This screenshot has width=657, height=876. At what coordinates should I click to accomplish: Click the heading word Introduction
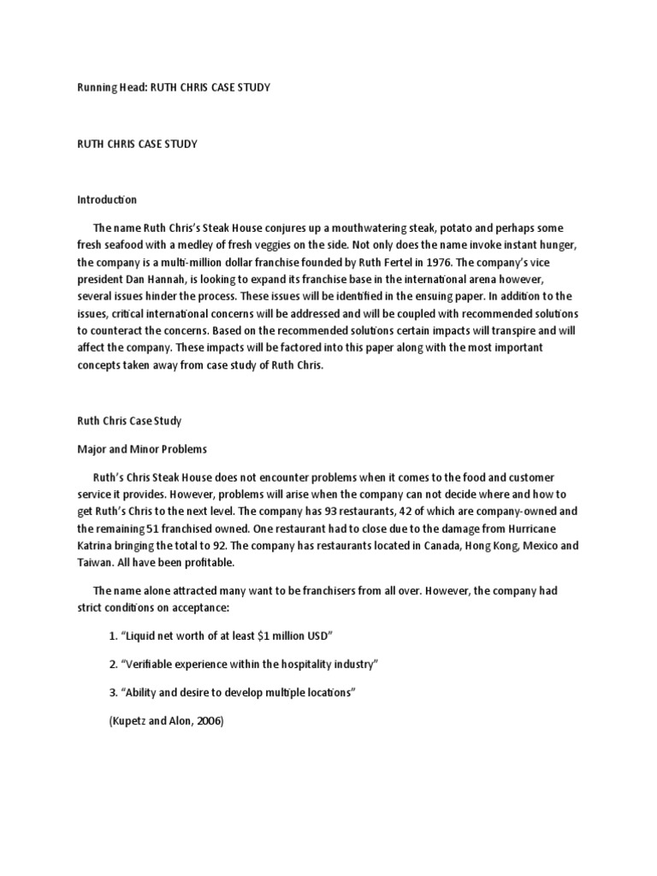coord(107,199)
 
